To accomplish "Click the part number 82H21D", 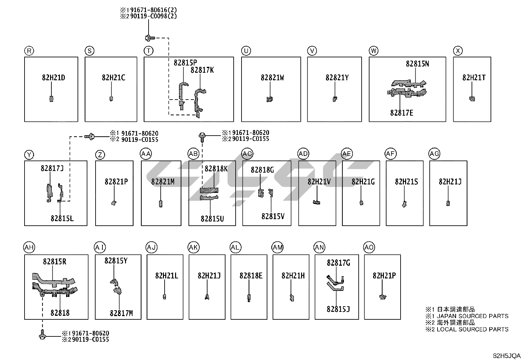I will tap(53, 78).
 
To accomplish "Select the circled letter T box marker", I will tap(149, 51).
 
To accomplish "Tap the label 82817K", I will tap(202, 70).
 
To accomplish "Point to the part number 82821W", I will tap(272, 78).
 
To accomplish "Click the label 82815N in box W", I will tap(417, 64).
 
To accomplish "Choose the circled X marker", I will tap(458, 51).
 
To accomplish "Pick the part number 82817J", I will tap(52, 168).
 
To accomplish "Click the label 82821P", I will tap(116, 181).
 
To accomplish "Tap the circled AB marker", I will tap(193, 154).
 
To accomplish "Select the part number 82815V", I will tap(273, 217).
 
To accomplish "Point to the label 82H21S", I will tap(406, 181).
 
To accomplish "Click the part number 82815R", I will tap(55, 262).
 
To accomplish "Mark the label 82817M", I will tap(121, 313).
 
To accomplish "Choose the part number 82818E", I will tap(251, 276).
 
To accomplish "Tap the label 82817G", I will tap(338, 263).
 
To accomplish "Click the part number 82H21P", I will tap(384, 276).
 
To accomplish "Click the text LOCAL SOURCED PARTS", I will tap(473, 329).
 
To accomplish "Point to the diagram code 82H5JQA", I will tap(507, 356).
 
